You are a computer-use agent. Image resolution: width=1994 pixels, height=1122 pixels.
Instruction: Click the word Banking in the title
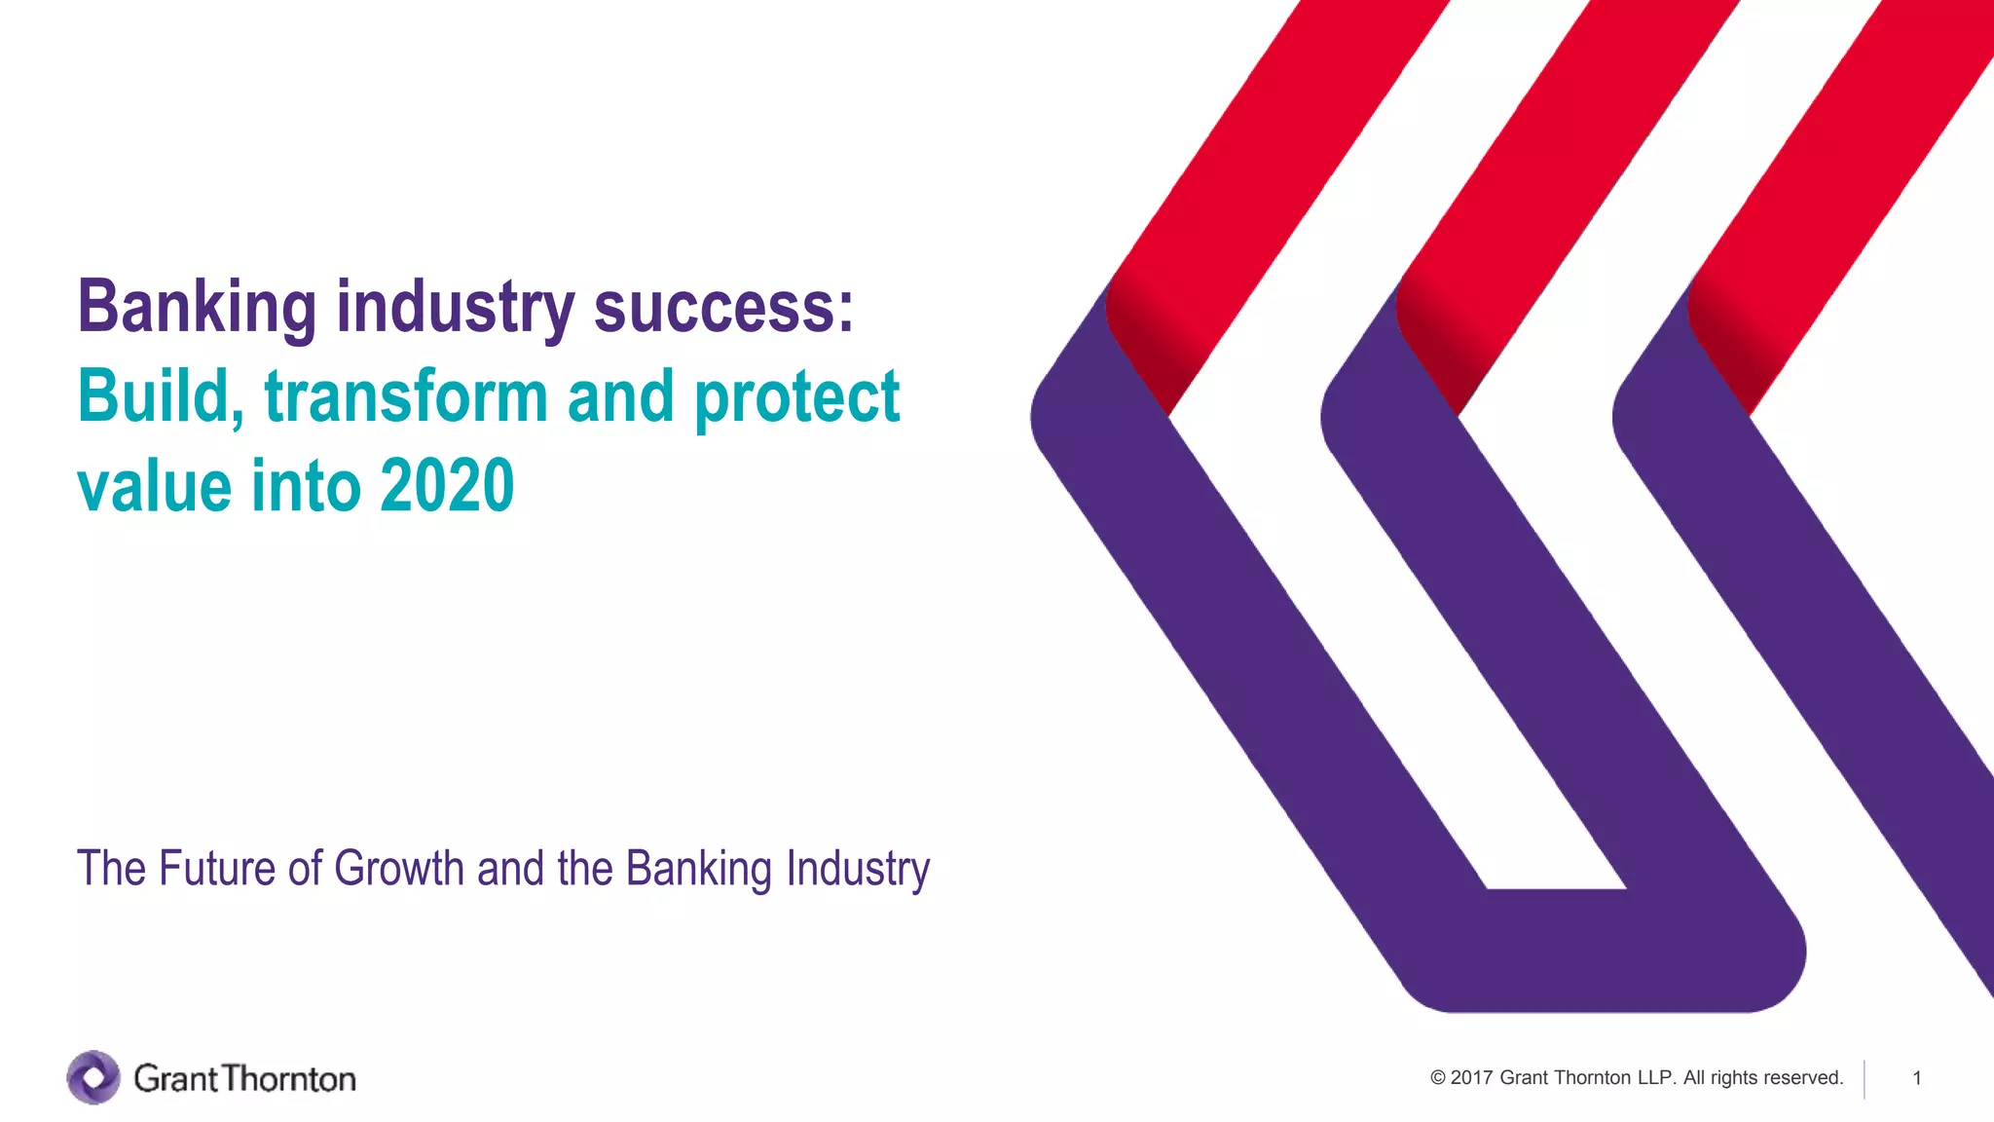point(197,308)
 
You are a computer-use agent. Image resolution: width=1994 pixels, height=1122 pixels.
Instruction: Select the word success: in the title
point(723,308)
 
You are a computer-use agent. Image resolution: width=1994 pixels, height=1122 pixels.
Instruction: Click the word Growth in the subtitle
point(399,868)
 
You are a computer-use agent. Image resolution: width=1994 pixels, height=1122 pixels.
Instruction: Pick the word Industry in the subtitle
point(858,870)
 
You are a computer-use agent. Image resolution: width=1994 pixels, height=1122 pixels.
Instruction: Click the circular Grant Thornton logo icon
point(93,1077)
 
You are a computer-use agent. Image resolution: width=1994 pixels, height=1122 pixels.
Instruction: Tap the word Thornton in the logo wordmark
point(289,1079)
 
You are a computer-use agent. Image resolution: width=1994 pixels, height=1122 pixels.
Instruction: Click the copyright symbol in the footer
point(1438,1078)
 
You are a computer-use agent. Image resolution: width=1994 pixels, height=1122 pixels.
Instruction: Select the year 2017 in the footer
point(1471,1078)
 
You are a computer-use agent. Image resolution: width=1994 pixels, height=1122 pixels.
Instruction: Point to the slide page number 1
point(1916,1078)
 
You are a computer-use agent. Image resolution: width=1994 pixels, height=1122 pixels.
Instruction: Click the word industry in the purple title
point(455,308)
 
